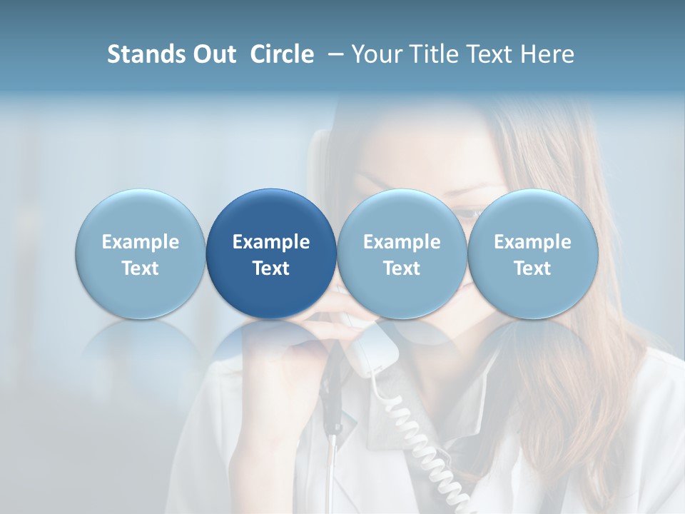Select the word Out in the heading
pyautogui.click(x=213, y=54)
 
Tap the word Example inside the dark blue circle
pyautogui.click(x=271, y=242)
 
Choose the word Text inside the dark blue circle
pyautogui.click(x=271, y=268)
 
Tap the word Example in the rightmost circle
pyautogui.click(x=533, y=242)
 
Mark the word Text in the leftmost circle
pyautogui.click(x=140, y=268)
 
